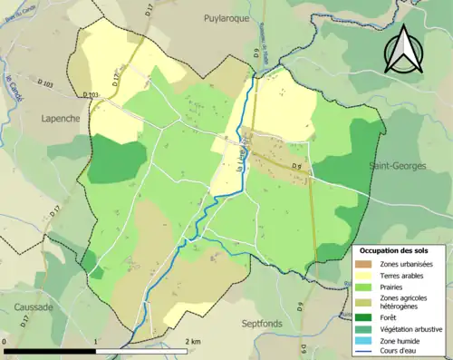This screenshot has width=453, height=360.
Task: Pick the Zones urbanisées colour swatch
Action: tap(365, 264)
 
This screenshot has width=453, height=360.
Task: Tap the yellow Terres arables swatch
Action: tap(365, 276)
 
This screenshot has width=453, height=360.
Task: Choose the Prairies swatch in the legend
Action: tap(365, 287)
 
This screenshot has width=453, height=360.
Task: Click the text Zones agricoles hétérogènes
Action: tap(404, 303)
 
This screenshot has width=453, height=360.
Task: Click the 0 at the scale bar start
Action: tap(6, 342)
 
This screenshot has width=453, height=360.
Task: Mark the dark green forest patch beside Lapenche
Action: tap(116, 159)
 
